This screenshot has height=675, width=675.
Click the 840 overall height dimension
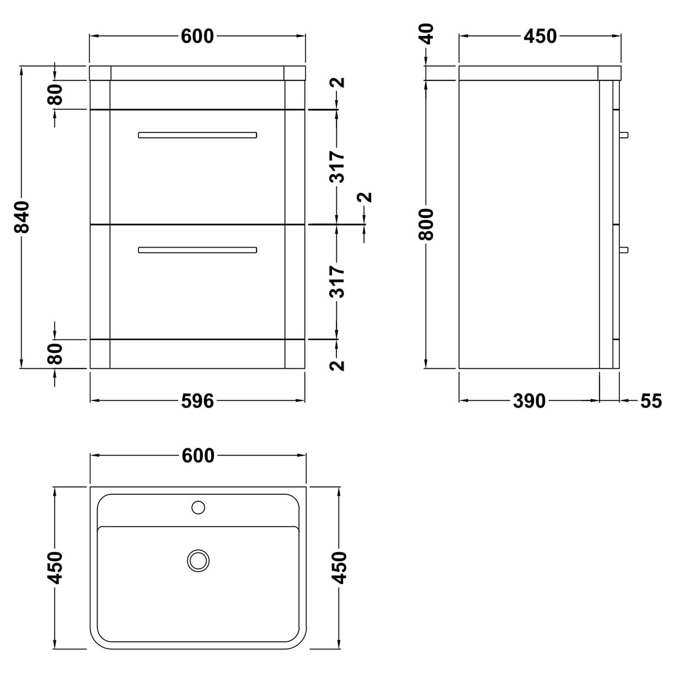pos(23,217)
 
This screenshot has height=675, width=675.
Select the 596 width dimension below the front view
pos(197,401)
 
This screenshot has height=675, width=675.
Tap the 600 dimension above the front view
pos(197,36)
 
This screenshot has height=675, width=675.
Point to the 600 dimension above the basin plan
pos(197,456)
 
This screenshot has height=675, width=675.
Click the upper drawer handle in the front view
pos(197,135)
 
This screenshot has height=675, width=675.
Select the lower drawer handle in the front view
pos(197,250)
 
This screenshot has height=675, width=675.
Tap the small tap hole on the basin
pos(197,506)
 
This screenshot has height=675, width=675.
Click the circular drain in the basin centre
pos(198,560)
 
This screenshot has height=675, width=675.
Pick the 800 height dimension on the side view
pos(426,224)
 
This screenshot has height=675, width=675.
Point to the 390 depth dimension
pos(529,401)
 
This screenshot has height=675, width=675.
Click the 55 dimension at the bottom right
pos(651,401)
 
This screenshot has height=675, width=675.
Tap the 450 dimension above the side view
pos(540,36)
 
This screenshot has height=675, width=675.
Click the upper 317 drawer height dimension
pos(337,167)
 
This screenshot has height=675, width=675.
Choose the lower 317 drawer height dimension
pos(337,282)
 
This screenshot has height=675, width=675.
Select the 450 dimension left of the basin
pos(55,567)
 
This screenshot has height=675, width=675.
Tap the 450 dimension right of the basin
pos(339,567)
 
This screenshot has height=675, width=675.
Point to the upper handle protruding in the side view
pos(624,135)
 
